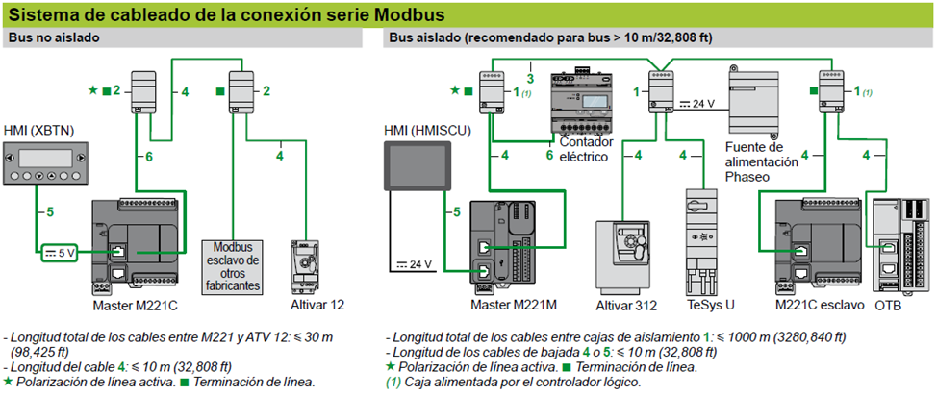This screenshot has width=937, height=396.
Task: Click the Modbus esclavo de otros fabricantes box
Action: click(230, 266)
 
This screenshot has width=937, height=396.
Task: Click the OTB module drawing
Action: click(899, 245)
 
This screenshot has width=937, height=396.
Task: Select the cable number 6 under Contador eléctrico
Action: click(549, 154)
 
